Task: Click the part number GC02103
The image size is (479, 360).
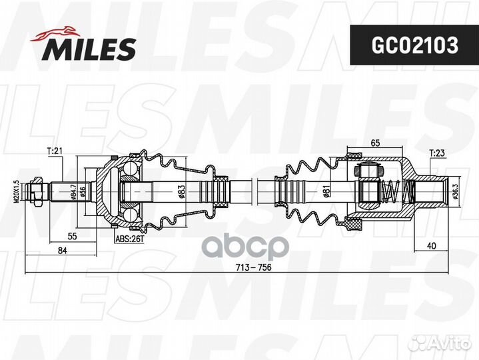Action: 414,45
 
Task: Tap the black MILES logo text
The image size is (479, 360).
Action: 89,49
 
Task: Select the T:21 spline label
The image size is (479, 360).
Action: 55,151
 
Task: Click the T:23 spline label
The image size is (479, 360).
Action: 437,153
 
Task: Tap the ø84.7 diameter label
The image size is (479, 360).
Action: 73,191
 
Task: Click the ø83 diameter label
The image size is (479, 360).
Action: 181,191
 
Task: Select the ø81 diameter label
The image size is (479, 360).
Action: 326,191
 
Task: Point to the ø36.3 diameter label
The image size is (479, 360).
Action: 456,191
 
